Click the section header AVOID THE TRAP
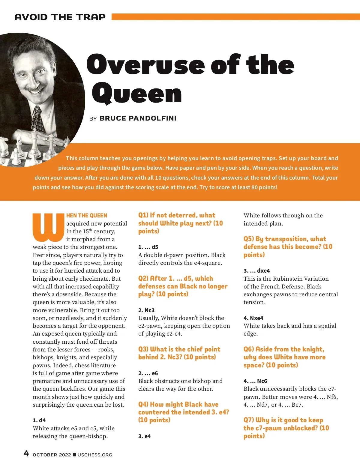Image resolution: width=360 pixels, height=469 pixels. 60,17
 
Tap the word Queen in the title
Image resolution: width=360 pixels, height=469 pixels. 137,94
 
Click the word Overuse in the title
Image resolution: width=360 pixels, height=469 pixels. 146,64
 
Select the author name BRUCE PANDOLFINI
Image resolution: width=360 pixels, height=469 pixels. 138,118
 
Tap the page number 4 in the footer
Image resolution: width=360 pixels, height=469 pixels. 26,453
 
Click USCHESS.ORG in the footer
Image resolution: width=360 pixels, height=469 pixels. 95,455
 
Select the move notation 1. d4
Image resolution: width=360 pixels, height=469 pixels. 39,420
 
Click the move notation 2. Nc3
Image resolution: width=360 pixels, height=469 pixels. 146,310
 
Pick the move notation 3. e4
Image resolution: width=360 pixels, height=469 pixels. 145,436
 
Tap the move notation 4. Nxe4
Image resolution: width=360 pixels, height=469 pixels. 253,318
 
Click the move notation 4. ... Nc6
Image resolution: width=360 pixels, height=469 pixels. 255,381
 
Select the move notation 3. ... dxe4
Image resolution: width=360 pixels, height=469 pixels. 257,271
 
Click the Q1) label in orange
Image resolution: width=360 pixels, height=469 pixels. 143,215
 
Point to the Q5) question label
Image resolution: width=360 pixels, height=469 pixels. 249,239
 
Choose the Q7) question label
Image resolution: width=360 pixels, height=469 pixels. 249,420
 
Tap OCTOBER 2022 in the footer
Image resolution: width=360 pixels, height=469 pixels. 52,455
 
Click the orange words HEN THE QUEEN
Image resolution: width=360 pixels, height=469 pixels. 87,216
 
